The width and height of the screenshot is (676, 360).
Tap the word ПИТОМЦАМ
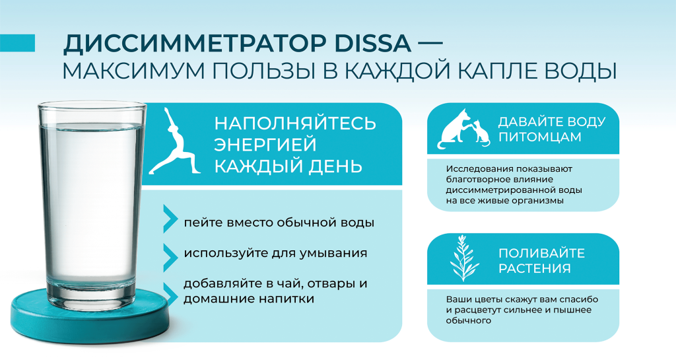point(539,137)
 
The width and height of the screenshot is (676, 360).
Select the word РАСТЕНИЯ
point(535,269)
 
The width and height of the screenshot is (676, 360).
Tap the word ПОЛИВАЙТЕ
point(541,254)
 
